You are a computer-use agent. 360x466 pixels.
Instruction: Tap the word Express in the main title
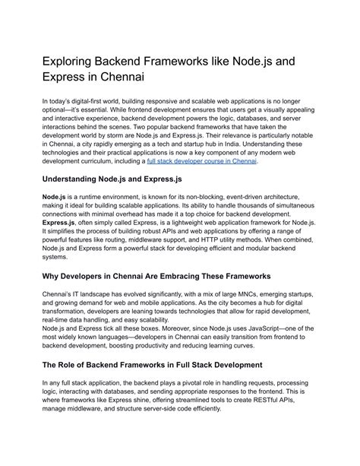(70, 76)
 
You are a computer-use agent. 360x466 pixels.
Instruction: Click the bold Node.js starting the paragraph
(55, 196)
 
